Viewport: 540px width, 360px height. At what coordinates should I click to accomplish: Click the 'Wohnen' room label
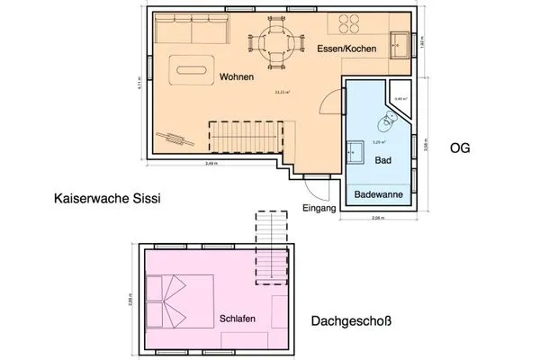[x=236, y=77]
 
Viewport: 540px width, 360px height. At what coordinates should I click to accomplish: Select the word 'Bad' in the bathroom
[x=382, y=159]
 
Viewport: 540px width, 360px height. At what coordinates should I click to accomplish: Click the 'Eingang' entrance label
[x=319, y=209]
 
